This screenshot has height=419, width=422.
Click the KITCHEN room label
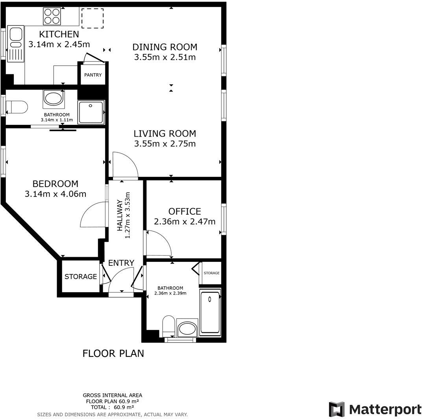coord(59,34)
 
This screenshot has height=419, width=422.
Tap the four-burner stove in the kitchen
coord(52,17)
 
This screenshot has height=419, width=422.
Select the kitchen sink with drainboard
coord(16,43)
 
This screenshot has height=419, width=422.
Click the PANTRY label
coord(93,75)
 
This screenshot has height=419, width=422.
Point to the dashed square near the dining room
coord(93,18)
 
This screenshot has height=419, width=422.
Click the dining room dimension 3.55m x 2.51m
coord(165,57)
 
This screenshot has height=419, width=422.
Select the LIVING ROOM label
coord(165,133)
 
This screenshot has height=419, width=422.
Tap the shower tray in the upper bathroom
coord(91,112)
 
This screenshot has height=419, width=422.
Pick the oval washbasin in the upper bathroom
coord(54,98)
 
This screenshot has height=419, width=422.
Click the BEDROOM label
coord(55,184)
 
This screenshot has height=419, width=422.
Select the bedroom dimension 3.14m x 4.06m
coord(55,194)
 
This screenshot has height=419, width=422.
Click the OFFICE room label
coord(185,211)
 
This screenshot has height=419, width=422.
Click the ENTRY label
coord(121,263)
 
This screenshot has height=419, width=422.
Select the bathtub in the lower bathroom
coord(210,312)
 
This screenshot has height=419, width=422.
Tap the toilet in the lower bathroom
coord(169,324)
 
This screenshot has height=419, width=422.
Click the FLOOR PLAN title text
coord(113,353)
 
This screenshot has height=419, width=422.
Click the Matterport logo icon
coord(337,410)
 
